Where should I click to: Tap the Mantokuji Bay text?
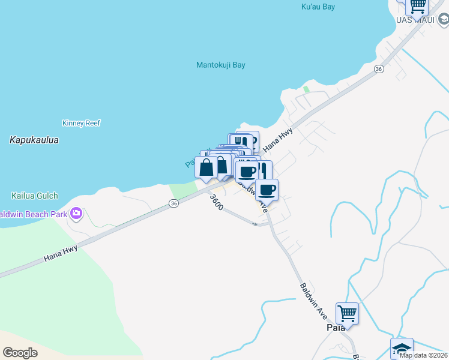221,65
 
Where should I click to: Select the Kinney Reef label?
81,123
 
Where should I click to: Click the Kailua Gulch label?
35,196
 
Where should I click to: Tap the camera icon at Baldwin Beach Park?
76,213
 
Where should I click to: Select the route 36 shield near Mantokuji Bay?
378,70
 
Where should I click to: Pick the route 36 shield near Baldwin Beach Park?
173,204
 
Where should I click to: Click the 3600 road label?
217,202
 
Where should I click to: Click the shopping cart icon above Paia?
347,313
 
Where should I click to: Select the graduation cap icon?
402,349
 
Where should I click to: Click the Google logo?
20,352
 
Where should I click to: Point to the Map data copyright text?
423,355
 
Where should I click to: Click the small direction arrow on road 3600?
256,224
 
